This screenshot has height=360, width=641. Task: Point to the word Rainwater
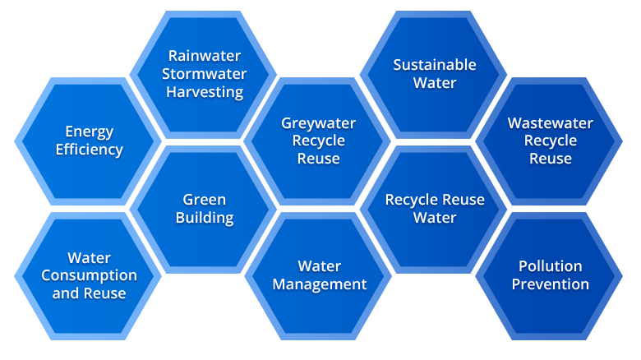point(205,56)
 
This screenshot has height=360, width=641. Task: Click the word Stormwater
point(205,74)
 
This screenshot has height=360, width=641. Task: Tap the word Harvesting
point(205,92)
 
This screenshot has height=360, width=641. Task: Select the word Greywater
point(319,123)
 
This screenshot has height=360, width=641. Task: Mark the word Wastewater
point(550,123)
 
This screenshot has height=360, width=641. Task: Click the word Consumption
point(90,275)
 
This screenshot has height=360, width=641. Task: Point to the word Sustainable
point(435,64)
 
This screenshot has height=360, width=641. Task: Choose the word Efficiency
point(90,150)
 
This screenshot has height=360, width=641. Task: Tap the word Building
point(205,218)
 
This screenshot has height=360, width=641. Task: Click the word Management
point(320,284)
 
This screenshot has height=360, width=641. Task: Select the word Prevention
point(550,284)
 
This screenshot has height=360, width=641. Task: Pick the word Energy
point(90,132)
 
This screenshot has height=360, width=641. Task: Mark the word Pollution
point(550,266)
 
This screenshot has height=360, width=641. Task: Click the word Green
point(205,200)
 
